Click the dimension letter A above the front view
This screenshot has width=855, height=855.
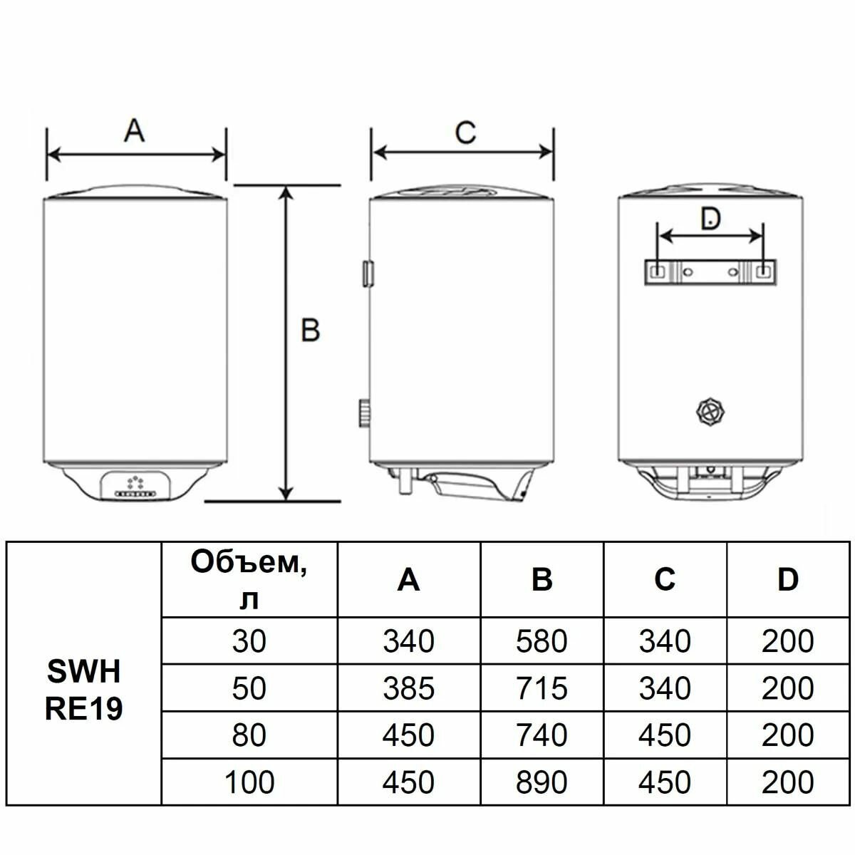pyautogui.click(x=135, y=130)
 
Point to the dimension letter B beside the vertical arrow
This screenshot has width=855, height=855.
pyautogui.click(x=310, y=330)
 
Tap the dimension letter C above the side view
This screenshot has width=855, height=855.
pyautogui.click(x=465, y=133)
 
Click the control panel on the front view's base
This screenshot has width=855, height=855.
pyautogui.click(x=135, y=485)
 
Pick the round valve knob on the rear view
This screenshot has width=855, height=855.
pyautogui.click(x=710, y=413)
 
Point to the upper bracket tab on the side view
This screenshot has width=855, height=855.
pyautogui.click(x=368, y=274)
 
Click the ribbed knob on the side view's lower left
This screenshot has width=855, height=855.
pyautogui.click(x=365, y=413)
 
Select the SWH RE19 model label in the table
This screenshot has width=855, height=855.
pyautogui.click(x=84, y=690)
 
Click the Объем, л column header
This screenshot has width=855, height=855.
pyautogui.click(x=249, y=580)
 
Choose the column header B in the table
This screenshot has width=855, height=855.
pyautogui.click(x=541, y=579)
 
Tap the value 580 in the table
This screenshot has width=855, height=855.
pyautogui.click(x=541, y=641)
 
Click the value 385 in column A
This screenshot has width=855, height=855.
pyautogui.click(x=409, y=688)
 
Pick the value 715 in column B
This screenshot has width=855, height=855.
pyautogui.click(x=541, y=688)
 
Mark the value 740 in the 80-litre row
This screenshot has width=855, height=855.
pyautogui.click(x=541, y=735)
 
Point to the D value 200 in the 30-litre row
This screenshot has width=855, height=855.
pyautogui.click(x=787, y=641)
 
